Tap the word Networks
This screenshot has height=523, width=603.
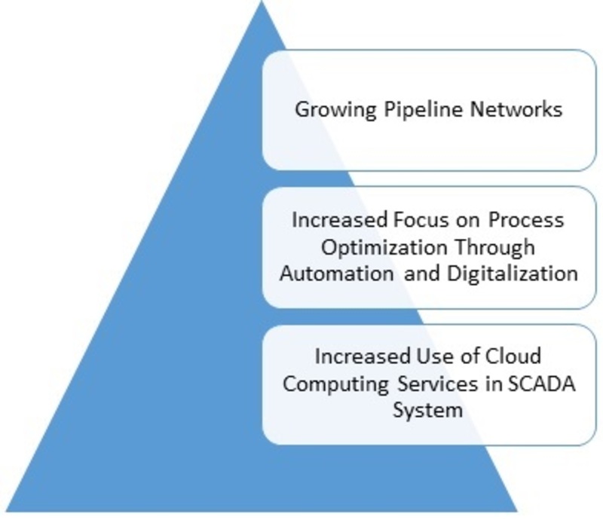coord(516,109)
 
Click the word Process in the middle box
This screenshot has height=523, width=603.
coord(526,220)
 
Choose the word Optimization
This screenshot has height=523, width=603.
coord(384,248)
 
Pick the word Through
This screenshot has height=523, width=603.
coord(495,248)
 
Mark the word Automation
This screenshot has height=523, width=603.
coord(337,274)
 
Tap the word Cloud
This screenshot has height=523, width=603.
coord(513,356)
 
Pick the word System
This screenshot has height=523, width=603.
coord(427,411)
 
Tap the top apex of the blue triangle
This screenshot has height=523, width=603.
coord(262,1)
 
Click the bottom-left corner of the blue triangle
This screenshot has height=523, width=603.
coord(6,512)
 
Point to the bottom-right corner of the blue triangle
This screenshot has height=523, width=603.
coord(518,512)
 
